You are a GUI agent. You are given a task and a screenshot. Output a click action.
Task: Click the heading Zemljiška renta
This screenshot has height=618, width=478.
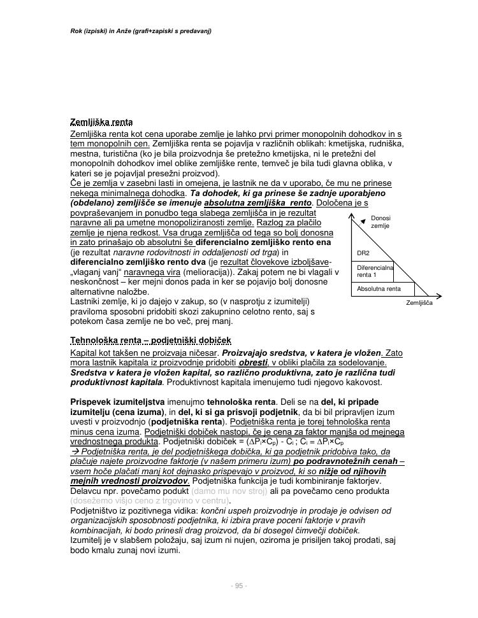101,122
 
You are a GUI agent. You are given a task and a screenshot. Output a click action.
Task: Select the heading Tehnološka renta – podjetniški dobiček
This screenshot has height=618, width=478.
150,341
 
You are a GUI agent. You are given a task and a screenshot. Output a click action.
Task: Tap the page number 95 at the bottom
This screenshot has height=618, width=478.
238,586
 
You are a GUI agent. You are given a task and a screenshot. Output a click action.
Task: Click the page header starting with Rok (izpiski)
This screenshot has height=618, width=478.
141,31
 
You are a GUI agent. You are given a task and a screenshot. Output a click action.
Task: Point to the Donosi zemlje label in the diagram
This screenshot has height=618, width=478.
380,222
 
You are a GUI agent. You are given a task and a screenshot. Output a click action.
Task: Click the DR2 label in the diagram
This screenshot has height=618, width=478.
363,253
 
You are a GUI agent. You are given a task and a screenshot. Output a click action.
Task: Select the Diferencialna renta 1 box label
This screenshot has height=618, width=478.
375,272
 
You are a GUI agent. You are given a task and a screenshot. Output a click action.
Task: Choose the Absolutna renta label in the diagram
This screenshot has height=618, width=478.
379,289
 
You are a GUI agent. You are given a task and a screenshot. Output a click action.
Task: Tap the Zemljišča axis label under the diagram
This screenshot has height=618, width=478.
419,303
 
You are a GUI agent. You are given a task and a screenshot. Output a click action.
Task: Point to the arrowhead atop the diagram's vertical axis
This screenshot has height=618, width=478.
352,216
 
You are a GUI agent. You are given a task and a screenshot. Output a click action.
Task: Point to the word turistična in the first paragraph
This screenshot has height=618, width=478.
117,153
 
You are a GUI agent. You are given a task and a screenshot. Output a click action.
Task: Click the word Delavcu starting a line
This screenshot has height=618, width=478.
86,491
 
